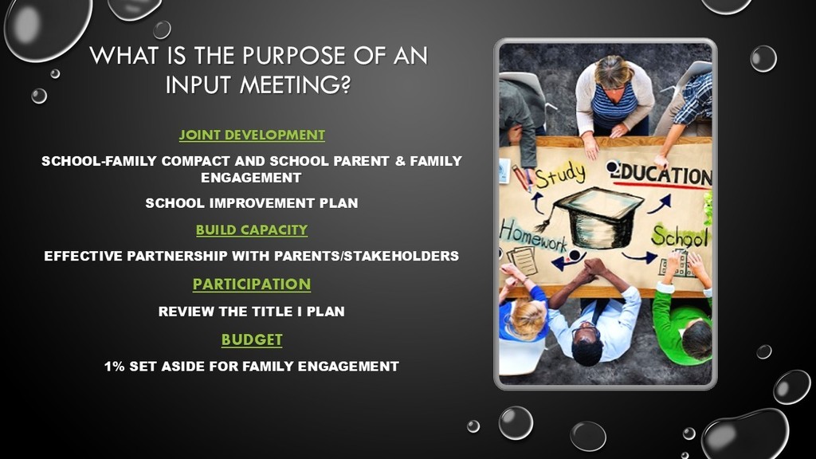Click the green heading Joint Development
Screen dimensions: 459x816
click(252, 135)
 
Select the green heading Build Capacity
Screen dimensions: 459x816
click(252, 229)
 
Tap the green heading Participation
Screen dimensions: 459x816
click(252, 284)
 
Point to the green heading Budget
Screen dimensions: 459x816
click(252, 339)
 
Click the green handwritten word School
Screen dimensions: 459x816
click(679, 236)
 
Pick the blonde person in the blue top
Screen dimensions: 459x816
click(524, 314)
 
